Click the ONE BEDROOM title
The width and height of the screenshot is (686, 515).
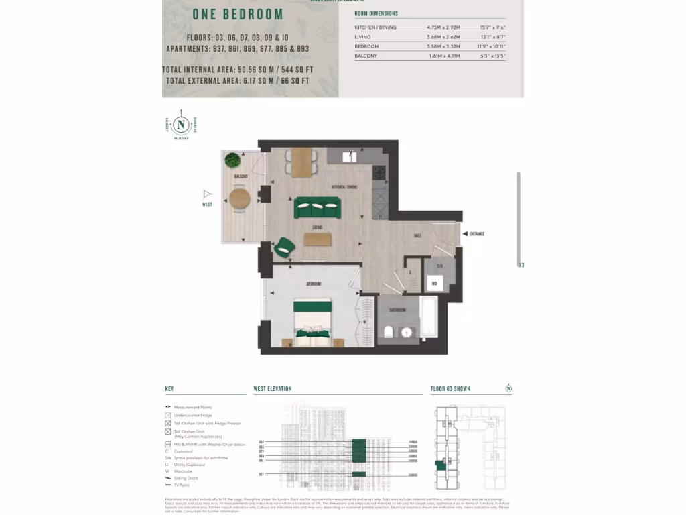point(238,15)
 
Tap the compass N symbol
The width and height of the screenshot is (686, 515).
point(180,124)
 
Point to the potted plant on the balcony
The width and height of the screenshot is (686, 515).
point(232,160)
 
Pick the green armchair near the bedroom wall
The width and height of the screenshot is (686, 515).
point(283,247)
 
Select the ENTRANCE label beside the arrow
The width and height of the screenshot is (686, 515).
point(477,234)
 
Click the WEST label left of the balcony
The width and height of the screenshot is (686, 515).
point(207,204)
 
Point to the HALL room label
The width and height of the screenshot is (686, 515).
point(417,237)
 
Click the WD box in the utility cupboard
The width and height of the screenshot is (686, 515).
point(434,284)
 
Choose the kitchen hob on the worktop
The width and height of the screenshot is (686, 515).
point(379,174)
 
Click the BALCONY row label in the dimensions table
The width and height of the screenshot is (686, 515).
point(366,56)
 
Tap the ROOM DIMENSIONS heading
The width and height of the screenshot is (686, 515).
point(376,13)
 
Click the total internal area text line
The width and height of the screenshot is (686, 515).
point(237,70)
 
